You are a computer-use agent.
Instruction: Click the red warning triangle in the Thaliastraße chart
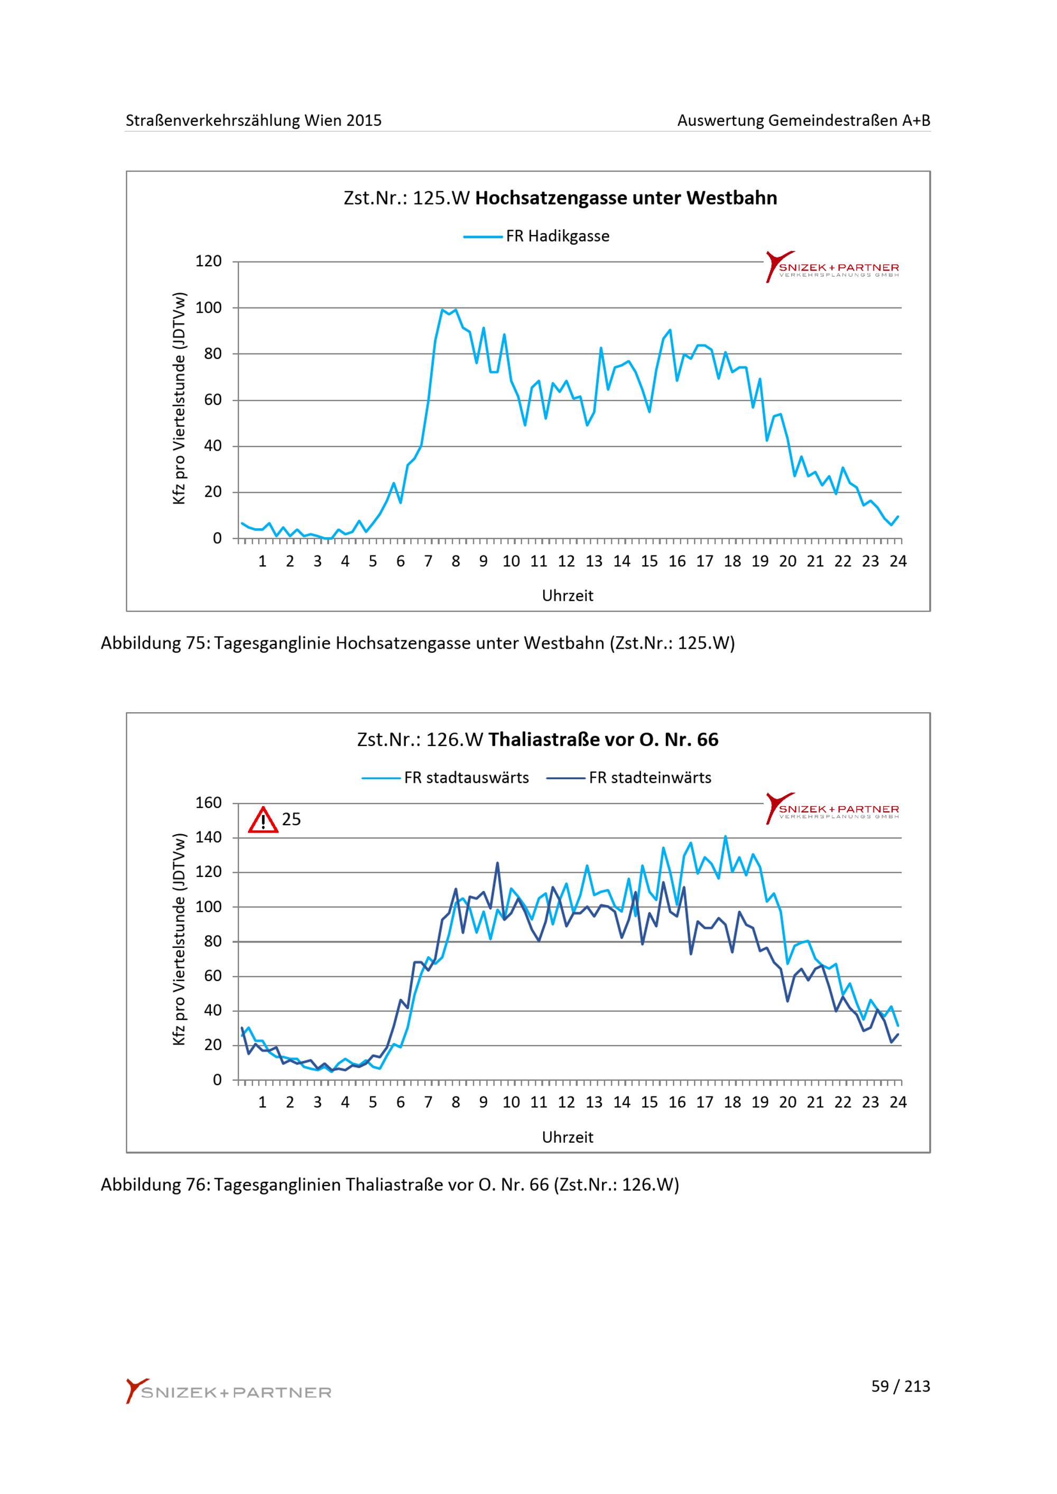[263, 820]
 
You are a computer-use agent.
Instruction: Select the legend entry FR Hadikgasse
[536, 236]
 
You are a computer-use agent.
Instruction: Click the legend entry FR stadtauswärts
[446, 778]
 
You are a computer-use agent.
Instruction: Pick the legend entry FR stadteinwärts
[629, 778]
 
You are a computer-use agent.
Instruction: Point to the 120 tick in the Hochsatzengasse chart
[209, 261]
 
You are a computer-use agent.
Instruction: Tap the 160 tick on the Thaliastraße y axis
[209, 802]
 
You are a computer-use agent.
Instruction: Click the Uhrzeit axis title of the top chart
[568, 595]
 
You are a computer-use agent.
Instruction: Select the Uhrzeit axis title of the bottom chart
[568, 1137]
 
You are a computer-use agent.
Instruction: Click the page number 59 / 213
[901, 1386]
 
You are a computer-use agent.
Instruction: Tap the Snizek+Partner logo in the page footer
[228, 1390]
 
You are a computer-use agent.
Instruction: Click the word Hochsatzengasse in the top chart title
[551, 198]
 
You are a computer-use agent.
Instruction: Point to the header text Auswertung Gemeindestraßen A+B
[804, 120]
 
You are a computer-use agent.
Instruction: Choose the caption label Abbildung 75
[154, 643]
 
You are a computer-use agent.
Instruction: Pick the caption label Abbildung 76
[154, 1185]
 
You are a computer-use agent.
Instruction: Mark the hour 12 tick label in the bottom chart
[566, 1103]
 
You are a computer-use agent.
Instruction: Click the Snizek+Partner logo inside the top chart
[832, 267]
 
